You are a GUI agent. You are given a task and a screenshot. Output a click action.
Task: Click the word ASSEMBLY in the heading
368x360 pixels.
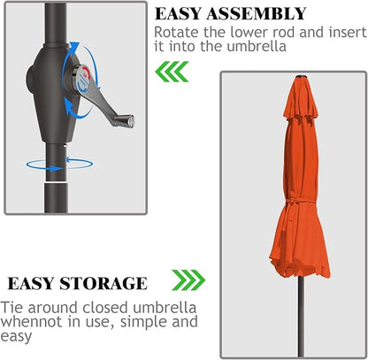(257, 13)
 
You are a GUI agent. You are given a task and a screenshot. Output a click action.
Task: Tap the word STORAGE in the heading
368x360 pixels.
(103, 284)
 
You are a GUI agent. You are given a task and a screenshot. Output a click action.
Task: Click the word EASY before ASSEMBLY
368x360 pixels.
(178, 13)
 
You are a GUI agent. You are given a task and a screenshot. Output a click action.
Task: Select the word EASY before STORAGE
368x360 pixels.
(31, 284)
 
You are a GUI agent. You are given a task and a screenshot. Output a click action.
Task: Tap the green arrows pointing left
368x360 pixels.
(172, 72)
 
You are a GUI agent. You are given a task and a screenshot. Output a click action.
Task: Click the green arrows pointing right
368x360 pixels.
(188, 280)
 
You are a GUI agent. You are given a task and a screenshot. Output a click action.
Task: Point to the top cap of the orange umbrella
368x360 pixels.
(301, 77)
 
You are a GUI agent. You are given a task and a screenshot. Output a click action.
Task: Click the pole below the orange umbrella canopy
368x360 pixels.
(301, 316)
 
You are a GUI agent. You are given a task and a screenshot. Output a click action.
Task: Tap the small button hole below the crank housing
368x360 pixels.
(65, 145)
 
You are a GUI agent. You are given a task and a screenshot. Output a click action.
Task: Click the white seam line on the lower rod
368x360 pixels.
(57, 183)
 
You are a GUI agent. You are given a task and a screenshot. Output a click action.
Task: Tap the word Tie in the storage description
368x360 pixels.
(11, 308)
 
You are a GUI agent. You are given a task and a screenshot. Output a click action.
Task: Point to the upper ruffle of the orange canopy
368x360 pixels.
(301, 101)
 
